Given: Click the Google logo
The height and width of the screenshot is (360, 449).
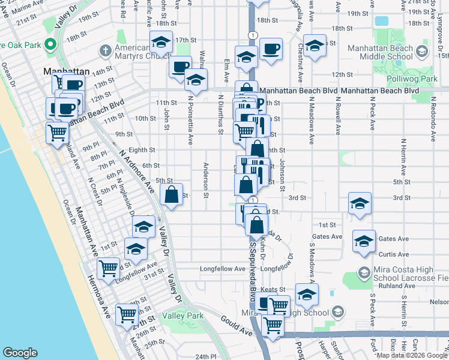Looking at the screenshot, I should pyautogui.click(x=20, y=353).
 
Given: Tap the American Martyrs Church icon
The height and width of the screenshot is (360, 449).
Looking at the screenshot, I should pyautogui.click(x=106, y=48).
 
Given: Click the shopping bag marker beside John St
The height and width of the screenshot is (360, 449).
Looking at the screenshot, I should pyautogui.click(x=172, y=194).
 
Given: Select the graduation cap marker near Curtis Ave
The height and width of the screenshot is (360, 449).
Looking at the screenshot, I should pyautogui.click(x=364, y=241).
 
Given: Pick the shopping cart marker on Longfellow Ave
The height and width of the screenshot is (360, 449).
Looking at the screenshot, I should pyautogui.click(x=108, y=268).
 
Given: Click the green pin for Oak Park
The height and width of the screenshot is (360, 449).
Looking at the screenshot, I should pyautogui.click(x=50, y=43).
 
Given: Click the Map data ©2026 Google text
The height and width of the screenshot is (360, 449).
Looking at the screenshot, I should pyautogui.click(x=412, y=355).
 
